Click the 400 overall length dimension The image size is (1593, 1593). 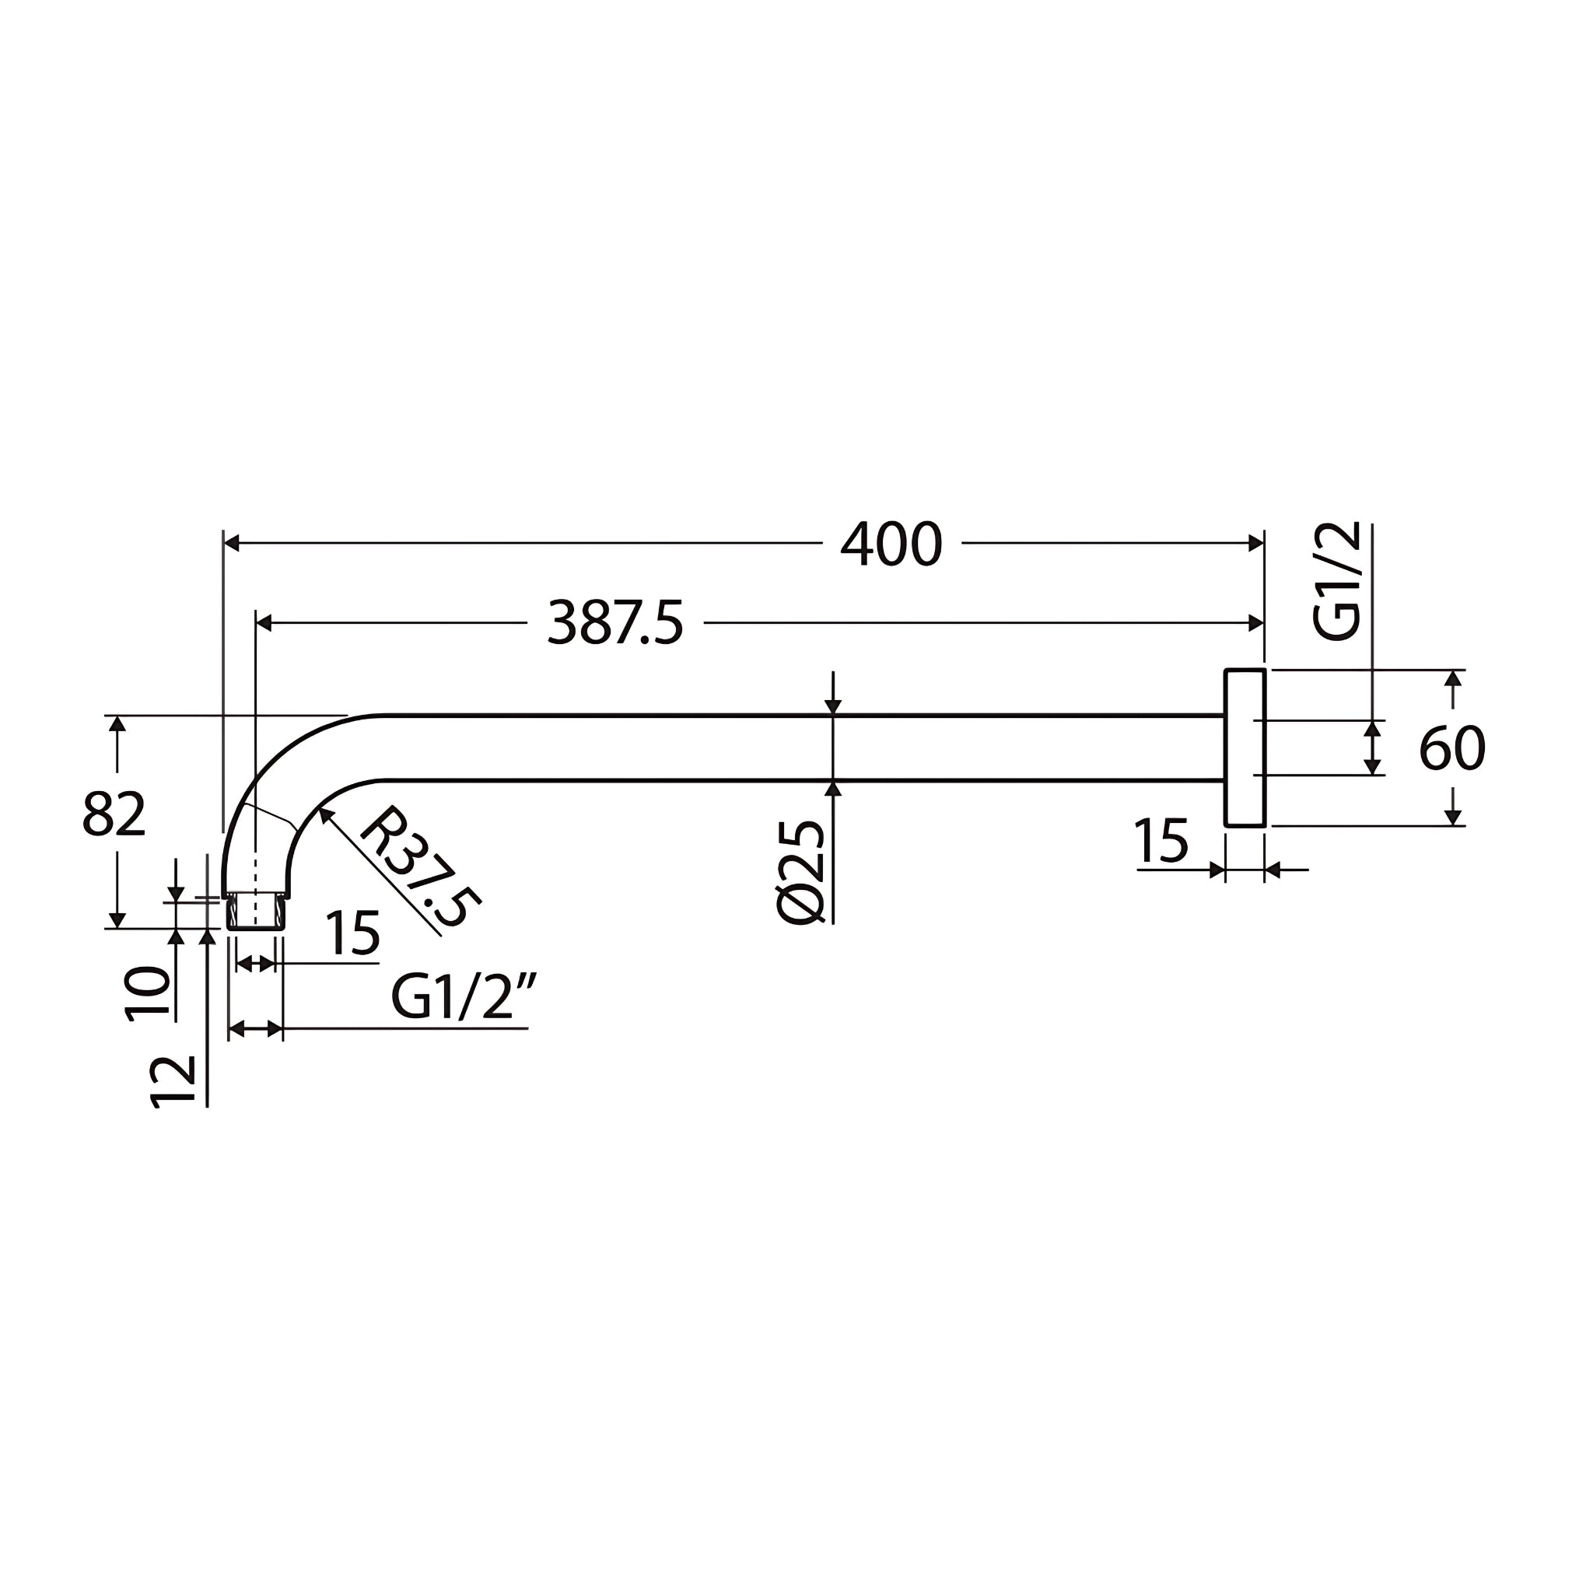pos(891,544)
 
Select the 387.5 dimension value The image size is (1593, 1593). pos(615,623)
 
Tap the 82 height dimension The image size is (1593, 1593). pos(114,814)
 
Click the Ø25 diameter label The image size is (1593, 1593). pos(800,873)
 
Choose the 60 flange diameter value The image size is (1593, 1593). pos(1452,749)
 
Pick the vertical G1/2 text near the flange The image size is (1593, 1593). pos(1336,581)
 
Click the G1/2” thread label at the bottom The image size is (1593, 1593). pos(464,997)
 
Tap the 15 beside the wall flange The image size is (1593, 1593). pos(1161,842)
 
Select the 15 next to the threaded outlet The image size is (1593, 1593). pos(352,934)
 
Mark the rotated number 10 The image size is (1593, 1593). pos(149,993)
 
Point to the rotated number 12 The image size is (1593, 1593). pos(174,1082)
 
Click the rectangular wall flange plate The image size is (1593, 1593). pos(1245,747)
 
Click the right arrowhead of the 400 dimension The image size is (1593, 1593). pos(1255,544)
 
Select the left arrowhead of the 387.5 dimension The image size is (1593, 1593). pos(264,623)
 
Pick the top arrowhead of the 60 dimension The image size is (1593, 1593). pos(1454,677)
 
